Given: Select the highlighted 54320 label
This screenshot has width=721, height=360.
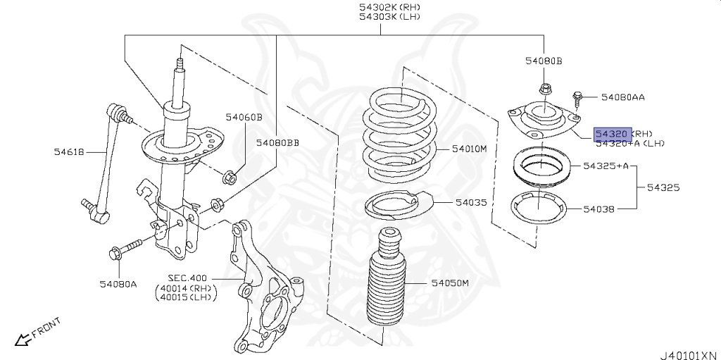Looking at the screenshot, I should click(610, 133).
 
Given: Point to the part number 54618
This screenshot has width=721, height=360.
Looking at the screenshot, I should click(69, 150).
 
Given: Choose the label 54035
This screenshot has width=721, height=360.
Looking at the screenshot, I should click(470, 202).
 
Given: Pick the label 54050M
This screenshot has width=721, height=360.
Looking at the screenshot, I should click(450, 283).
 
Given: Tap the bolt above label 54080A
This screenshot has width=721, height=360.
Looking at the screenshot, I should click(125, 248).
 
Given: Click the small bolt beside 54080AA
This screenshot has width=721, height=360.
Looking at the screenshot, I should click(576, 97).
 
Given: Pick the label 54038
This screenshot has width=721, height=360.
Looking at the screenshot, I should click(598, 209).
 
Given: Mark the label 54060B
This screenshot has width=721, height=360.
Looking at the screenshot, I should click(244, 117).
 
